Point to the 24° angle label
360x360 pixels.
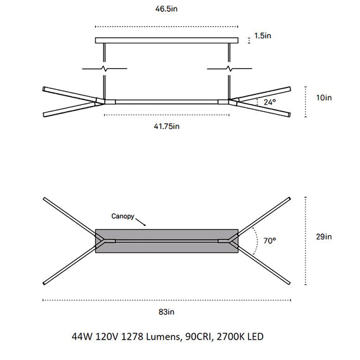pyautogui.click(x=269, y=102)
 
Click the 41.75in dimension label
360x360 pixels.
pyautogui.click(x=166, y=126)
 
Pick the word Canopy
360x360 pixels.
pyautogui.click(x=123, y=217)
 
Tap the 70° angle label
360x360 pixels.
pyautogui.click(x=269, y=240)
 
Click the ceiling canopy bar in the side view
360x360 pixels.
pyautogui.click(x=166, y=40)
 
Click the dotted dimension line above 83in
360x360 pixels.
pyautogui.click(x=166, y=300)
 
